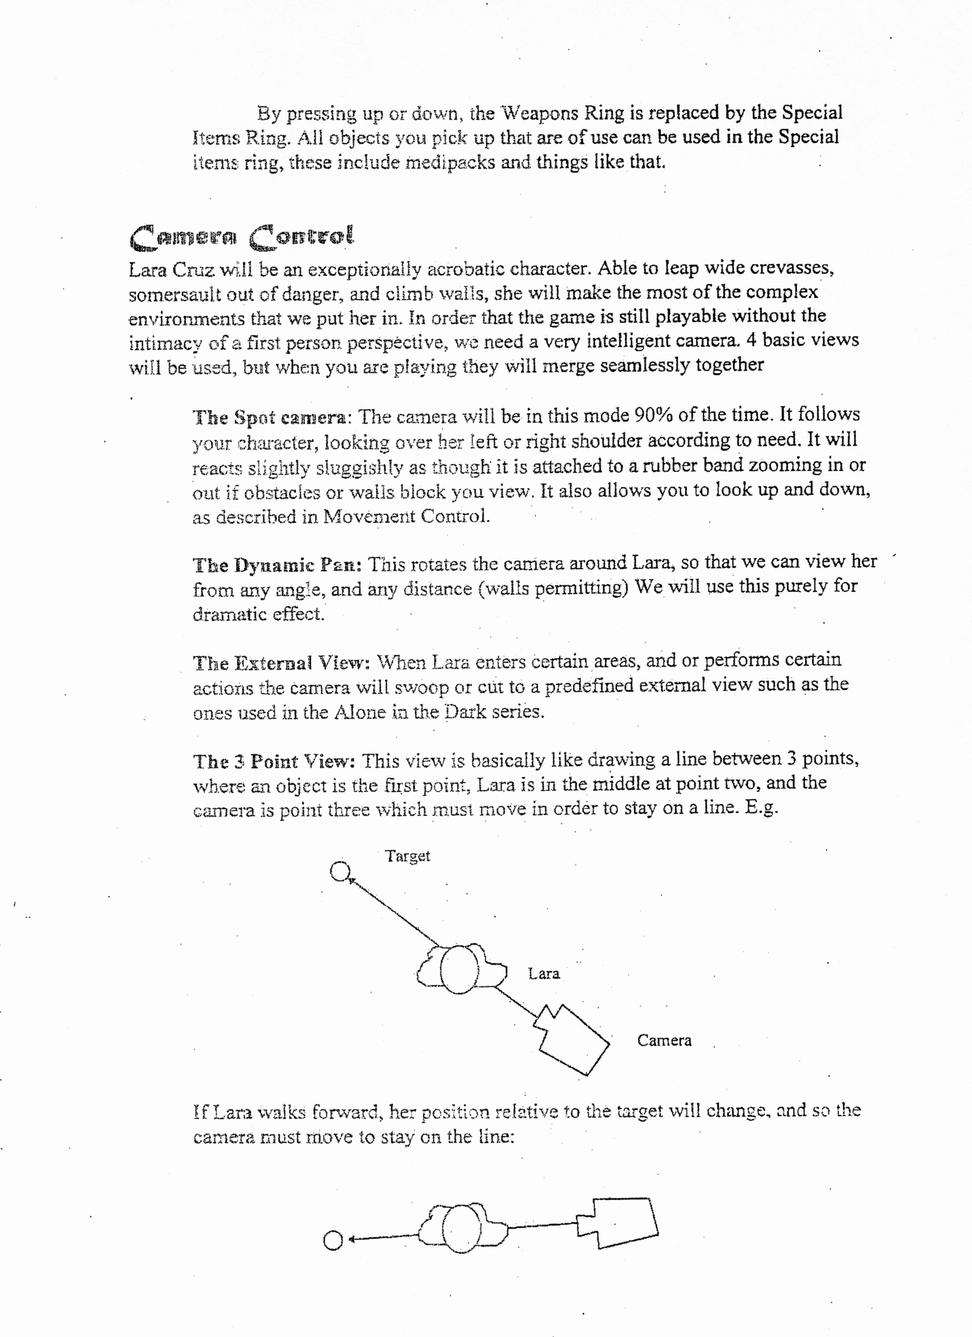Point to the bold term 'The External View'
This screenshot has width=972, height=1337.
(281, 663)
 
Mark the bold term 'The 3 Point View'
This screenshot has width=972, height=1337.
(274, 762)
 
